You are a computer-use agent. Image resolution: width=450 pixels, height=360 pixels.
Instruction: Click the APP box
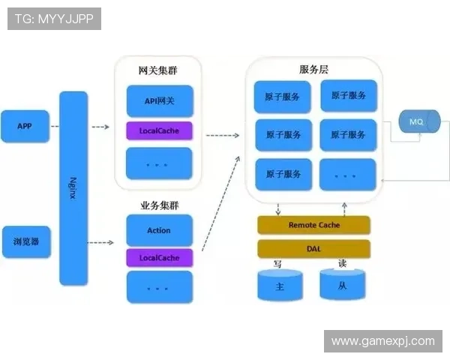tap(25, 126)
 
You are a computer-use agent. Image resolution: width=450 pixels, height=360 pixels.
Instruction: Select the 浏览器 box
tap(26, 241)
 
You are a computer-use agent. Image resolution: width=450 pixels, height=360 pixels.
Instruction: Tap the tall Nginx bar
tap(73, 187)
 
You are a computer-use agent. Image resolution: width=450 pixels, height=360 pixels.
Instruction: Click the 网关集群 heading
tap(158, 70)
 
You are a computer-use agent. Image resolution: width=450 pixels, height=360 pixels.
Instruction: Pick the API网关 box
tap(159, 100)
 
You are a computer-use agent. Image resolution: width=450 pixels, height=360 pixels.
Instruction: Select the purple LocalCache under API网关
tap(159, 131)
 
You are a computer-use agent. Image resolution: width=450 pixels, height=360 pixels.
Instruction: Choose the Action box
tap(159, 230)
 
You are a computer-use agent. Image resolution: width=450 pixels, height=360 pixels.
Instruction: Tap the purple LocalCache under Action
tap(159, 258)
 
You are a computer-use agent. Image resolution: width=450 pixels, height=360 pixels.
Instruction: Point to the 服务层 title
tap(313, 69)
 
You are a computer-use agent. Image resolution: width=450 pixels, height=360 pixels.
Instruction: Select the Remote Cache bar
tap(313, 225)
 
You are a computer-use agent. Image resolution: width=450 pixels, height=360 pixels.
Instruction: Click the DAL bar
tap(313, 248)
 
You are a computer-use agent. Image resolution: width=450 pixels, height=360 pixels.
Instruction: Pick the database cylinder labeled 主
tap(280, 286)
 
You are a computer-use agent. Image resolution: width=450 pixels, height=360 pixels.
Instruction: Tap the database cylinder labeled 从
tap(343, 286)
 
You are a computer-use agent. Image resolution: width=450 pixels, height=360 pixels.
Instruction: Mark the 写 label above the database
tap(277, 265)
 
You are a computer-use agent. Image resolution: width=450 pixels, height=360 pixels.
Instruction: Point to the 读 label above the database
tap(342, 264)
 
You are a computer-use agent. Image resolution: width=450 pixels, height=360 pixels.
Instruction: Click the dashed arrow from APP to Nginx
tap(55, 127)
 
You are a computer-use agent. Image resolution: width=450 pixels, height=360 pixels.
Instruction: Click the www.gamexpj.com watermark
tap(382, 341)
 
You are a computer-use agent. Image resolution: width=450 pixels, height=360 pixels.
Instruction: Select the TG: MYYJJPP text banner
tap(54, 18)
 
